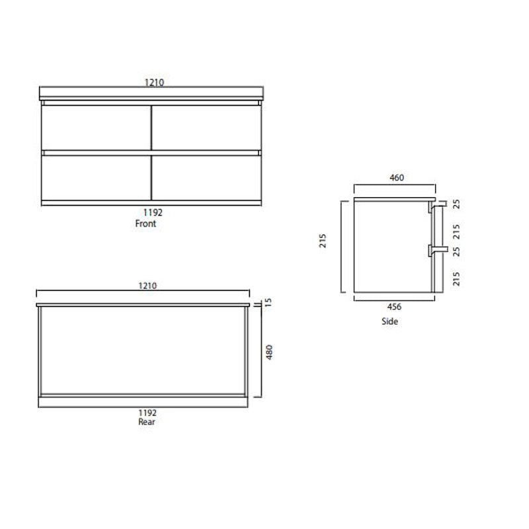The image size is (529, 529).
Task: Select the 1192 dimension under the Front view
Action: click(152, 213)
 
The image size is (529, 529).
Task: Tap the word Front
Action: click(145, 224)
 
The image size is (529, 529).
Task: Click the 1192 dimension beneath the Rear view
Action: click(146, 411)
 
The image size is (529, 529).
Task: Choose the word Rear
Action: click(146, 421)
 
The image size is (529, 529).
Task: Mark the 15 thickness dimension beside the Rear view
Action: click(269, 303)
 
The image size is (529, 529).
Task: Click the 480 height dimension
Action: click(269, 352)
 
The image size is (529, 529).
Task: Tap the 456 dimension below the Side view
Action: click(395, 306)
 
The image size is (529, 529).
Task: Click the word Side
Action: click(390, 322)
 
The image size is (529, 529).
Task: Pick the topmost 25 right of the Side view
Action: click(456, 204)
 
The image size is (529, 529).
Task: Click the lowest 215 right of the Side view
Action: click(456, 279)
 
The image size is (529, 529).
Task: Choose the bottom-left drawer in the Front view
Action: click(97, 177)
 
